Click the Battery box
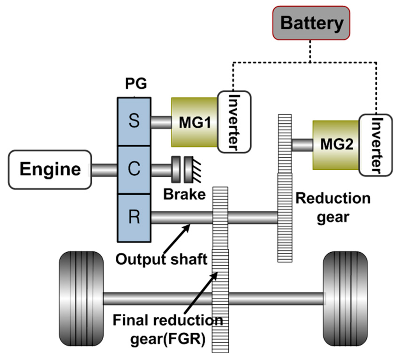pos(311,23)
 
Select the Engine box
pos(50,170)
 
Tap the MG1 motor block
pos(194,123)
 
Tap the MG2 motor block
pos(336,145)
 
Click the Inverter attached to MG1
pos(234,121)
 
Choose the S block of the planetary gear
pos(134,121)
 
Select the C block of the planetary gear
pos(134,170)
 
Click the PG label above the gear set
pos(134,84)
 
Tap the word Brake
pos(184,193)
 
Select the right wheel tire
pos(345,299)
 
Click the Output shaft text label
pos(161,259)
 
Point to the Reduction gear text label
pos(333,208)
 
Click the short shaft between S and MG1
pos(161,122)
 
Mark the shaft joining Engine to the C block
pos(104,170)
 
